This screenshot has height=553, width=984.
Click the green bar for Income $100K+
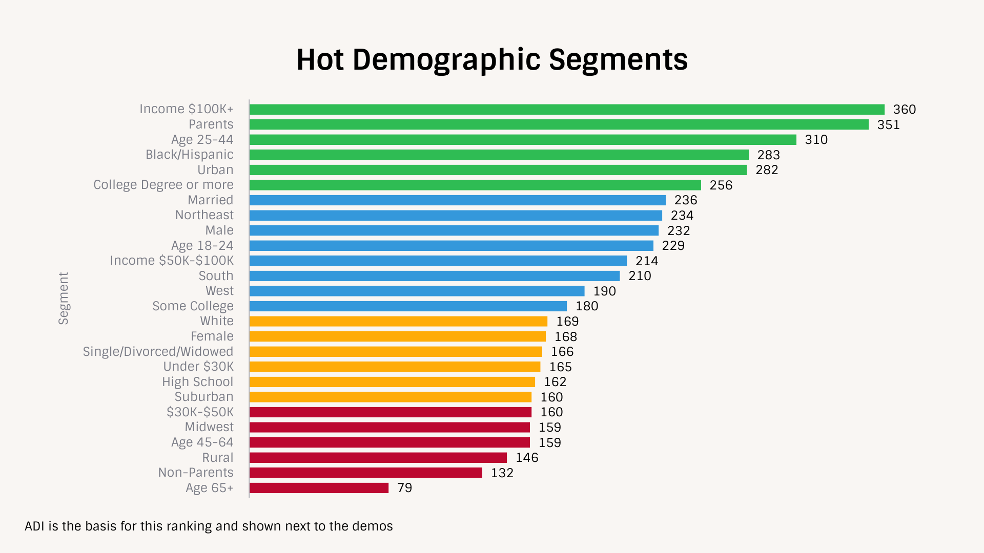tap(567, 110)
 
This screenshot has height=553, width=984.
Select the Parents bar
tap(559, 124)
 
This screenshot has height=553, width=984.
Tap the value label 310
tap(816, 140)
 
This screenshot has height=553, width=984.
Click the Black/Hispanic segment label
tap(189, 155)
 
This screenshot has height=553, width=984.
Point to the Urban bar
tap(498, 170)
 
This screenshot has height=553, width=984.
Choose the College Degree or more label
tap(163, 185)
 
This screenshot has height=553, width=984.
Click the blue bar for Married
tap(457, 200)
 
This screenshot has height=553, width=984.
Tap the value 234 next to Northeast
tap(682, 216)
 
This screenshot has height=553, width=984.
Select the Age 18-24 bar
tap(451, 246)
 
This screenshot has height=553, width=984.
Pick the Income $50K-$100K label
tap(172, 261)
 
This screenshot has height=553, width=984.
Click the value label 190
tap(604, 291)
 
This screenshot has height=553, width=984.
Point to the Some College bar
tap(408, 306)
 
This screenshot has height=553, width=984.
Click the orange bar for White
tap(398, 322)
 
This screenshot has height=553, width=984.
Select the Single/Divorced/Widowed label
tap(158, 352)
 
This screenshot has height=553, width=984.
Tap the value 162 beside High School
tap(555, 382)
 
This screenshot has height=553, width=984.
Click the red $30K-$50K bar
tap(391, 412)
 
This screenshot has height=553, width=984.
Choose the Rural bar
tap(378, 458)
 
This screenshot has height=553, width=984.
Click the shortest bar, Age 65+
tap(319, 488)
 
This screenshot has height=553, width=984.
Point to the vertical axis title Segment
tap(63, 299)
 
